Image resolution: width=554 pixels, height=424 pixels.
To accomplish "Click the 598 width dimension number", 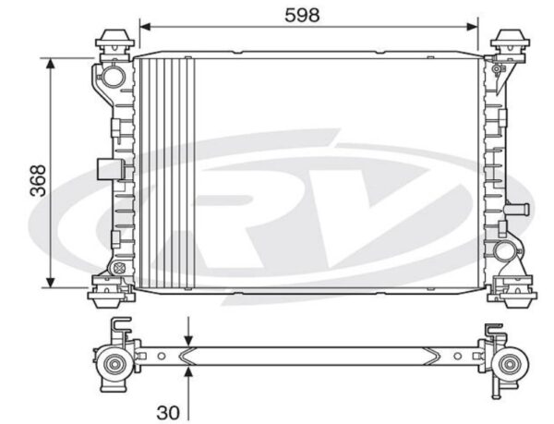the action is (x=302, y=16).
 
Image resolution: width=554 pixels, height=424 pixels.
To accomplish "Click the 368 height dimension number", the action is (x=38, y=180).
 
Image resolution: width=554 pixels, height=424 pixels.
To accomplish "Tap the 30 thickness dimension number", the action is (x=168, y=412).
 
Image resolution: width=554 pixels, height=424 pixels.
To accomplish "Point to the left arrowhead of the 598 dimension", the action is (x=146, y=27).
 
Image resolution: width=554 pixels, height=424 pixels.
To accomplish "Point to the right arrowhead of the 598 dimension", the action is (x=472, y=27).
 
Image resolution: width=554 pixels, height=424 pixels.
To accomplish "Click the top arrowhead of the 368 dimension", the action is (x=51, y=64).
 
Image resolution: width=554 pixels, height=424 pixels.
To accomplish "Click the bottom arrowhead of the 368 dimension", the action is (x=51, y=282).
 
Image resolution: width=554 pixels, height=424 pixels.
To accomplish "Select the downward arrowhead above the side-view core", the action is (x=189, y=340).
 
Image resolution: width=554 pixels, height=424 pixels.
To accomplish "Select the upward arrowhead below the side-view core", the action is (x=189, y=372).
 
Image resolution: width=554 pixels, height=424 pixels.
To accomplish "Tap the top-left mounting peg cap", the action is (x=114, y=40).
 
